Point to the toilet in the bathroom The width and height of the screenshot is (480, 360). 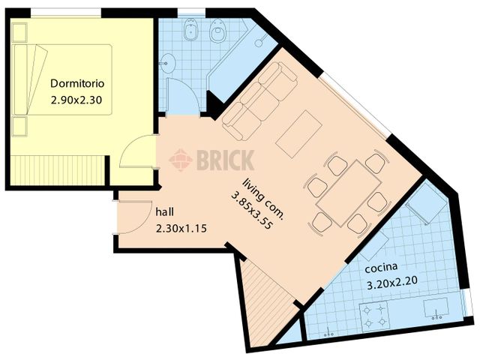[219, 31]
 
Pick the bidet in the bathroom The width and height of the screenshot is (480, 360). [191, 30]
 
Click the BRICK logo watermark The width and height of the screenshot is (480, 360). [212, 160]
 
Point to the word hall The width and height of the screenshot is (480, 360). [166, 211]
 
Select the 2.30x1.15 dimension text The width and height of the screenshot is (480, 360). [181, 228]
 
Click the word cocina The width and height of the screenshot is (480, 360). [382, 268]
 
